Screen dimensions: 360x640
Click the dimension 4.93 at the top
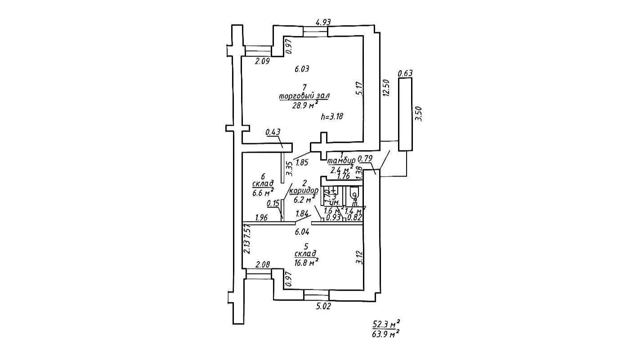tap(324, 22)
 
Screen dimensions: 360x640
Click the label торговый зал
tap(304, 96)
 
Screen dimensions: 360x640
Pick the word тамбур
tap(342, 160)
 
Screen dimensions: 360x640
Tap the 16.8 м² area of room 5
tap(306, 263)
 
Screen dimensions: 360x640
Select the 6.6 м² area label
tap(263, 194)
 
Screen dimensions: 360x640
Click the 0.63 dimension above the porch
tap(405, 73)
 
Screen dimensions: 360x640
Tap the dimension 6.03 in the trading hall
tap(302, 69)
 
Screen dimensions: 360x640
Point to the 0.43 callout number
tap(273, 132)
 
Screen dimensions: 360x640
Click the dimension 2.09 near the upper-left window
tap(262, 62)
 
